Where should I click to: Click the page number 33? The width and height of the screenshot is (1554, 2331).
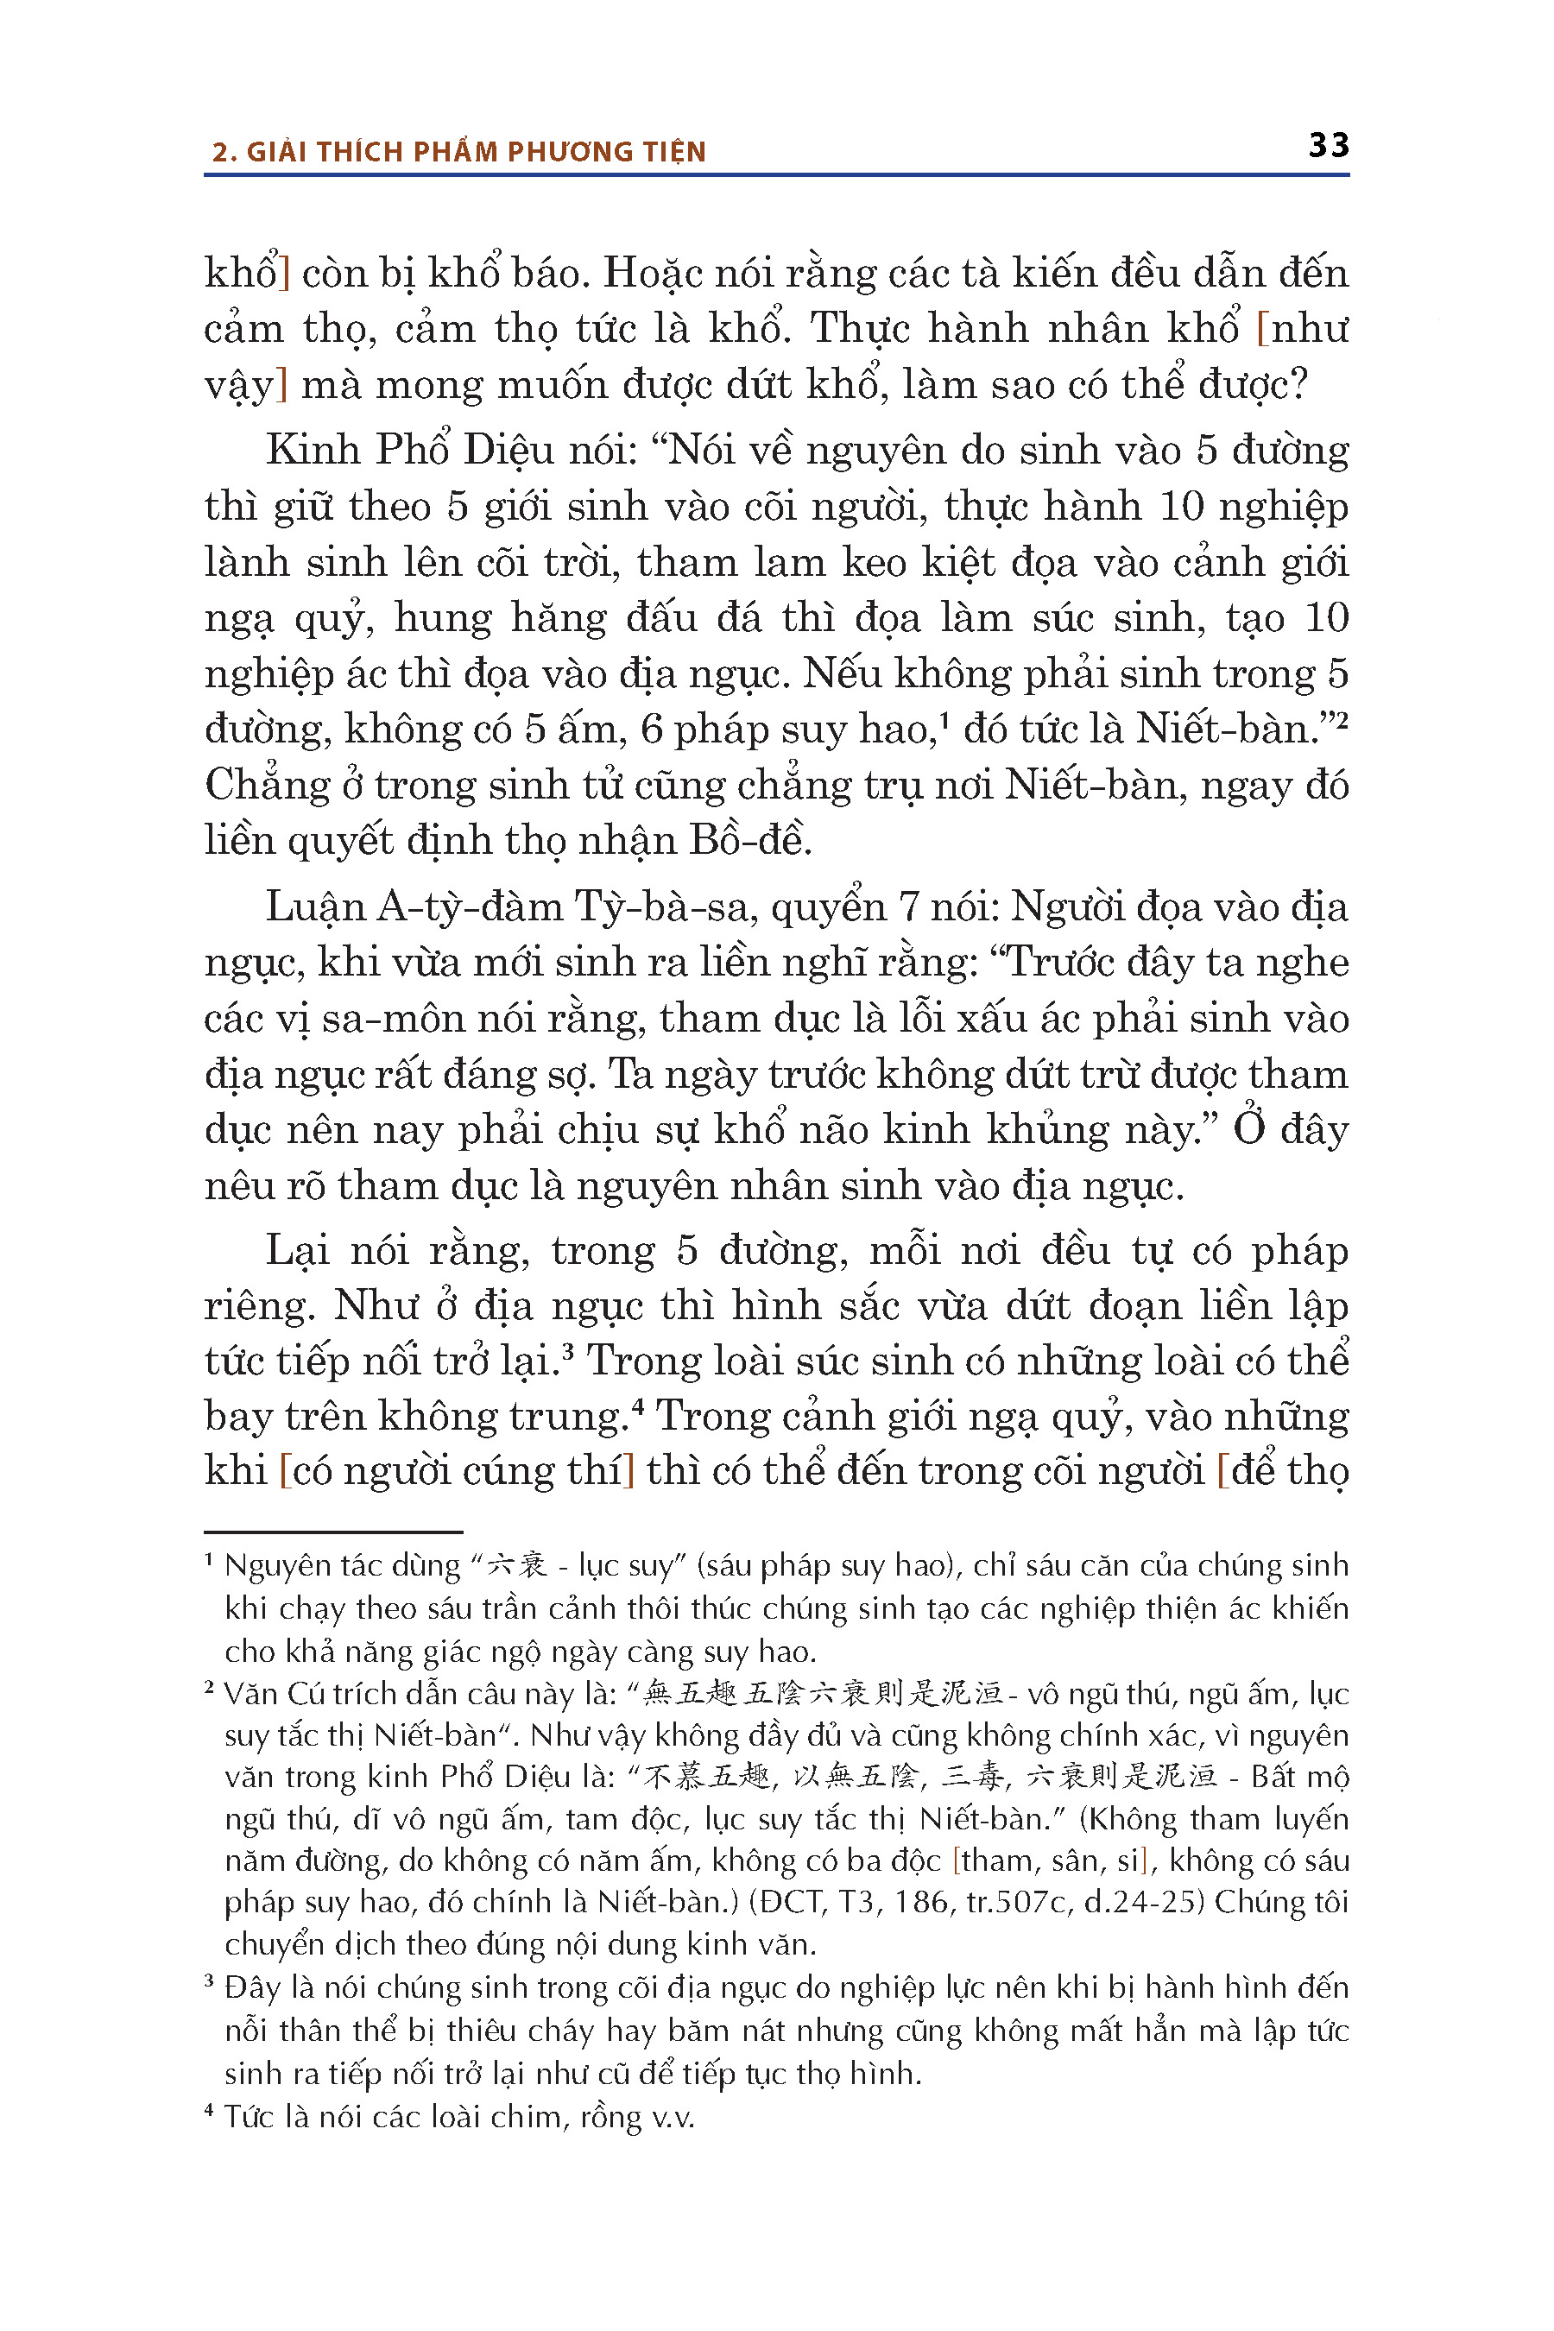[x=1328, y=146]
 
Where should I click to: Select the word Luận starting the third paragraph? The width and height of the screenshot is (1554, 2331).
[x=315, y=906]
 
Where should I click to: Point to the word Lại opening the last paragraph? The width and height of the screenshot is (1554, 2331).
[x=296, y=1251]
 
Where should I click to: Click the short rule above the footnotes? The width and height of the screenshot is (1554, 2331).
[x=333, y=1532]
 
